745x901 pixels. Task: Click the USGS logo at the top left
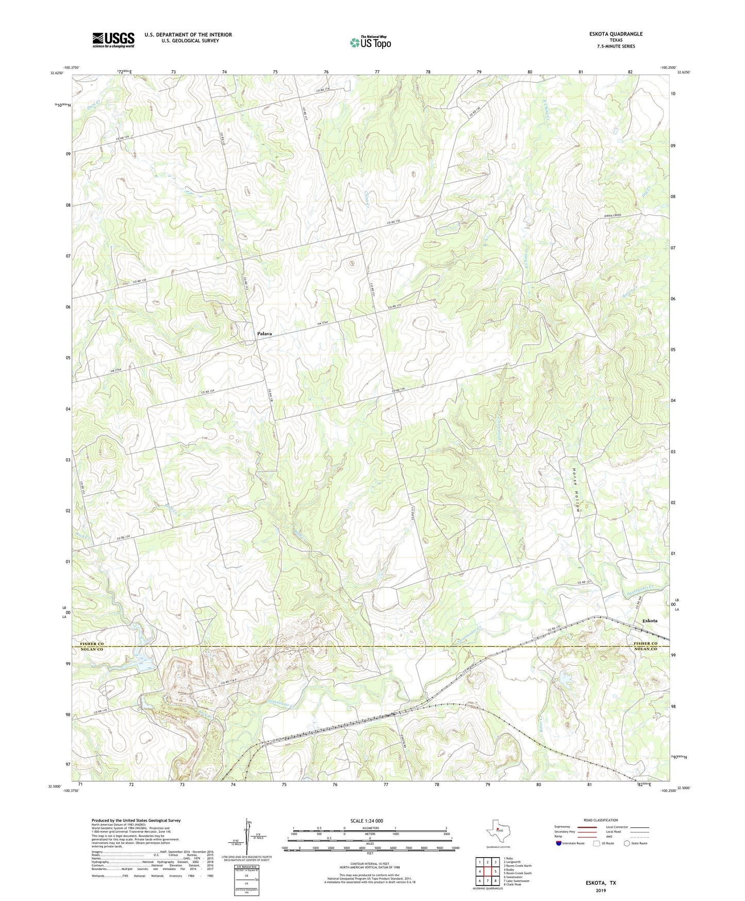tap(113, 40)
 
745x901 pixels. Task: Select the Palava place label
tap(264, 334)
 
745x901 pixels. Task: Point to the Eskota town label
tap(649, 621)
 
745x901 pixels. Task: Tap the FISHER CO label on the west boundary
tap(92, 644)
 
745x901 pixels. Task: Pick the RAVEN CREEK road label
tap(613, 215)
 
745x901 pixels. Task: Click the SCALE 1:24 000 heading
tap(370, 821)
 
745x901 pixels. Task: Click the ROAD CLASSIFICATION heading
tap(601, 820)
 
